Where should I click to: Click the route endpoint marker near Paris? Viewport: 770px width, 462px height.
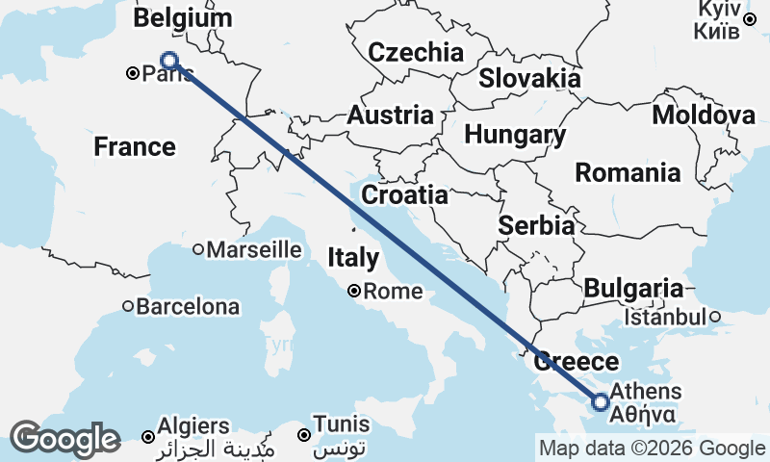[169, 61]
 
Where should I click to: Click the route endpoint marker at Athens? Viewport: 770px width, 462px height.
[601, 401]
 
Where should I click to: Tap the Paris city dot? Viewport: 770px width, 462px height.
[134, 72]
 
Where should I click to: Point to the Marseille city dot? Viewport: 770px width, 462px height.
[198, 249]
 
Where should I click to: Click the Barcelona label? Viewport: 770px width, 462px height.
[188, 308]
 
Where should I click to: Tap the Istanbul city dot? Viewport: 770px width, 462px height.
[715, 316]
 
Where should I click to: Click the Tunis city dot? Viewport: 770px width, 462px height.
[305, 435]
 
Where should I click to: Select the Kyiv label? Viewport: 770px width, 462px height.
[717, 9]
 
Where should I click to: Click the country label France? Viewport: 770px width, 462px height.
[135, 147]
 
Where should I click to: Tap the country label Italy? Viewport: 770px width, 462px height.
[353, 258]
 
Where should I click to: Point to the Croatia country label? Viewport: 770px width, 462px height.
[404, 195]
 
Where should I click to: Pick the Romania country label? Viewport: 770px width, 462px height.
[627, 173]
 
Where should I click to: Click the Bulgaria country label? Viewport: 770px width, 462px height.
[633, 288]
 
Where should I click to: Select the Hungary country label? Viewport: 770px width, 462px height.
[515, 135]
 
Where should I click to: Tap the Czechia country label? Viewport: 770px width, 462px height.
[416, 52]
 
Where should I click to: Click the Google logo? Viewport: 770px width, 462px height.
[64, 440]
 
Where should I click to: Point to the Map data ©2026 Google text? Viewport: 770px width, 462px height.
[652, 448]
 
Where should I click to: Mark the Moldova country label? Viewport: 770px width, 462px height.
[704, 115]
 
